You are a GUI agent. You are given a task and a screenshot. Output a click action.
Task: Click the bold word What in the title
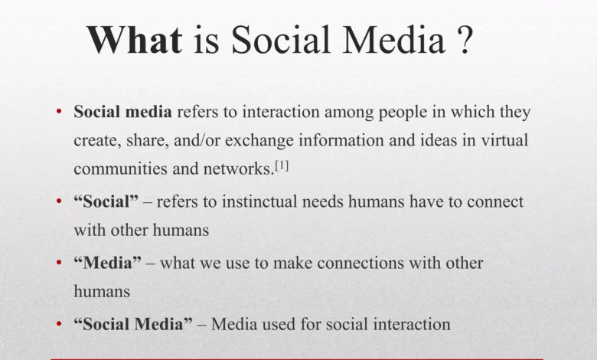click(134, 39)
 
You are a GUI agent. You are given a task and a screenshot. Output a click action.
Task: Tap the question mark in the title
click(464, 39)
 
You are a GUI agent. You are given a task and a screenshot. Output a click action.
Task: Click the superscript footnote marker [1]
click(282, 165)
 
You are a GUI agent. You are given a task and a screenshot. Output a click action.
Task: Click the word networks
click(238, 169)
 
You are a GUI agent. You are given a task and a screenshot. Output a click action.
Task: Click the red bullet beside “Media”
click(59, 263)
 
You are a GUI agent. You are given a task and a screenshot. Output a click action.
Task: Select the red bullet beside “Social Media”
click(59, 325)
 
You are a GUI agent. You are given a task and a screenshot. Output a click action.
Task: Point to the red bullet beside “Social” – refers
click(59, 202)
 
